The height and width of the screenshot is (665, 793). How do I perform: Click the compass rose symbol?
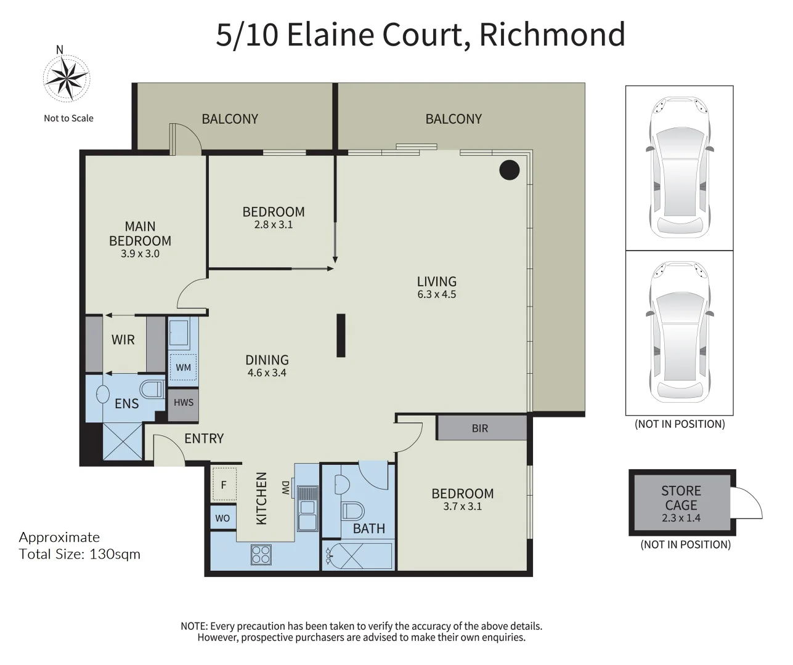point(66,78)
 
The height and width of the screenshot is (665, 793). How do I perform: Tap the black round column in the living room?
point(509,170)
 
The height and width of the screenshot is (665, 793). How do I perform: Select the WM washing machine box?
point(183,368)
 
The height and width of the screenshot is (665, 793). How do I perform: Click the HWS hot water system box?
point(184,403)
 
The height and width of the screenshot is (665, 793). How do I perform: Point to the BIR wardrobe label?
point(480,429)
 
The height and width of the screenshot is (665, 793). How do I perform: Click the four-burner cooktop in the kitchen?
point(261,554)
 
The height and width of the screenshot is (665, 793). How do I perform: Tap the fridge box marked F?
point(223,485)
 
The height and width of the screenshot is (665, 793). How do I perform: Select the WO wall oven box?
point(222,518)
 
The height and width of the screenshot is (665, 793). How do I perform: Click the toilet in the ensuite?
point(151,389)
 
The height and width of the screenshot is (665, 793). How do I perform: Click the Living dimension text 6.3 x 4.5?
point(436,294)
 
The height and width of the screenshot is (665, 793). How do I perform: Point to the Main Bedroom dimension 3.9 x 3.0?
point(140,254)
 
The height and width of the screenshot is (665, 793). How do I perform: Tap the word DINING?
point(267,360)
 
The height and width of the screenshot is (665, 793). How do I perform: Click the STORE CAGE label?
point(681,498)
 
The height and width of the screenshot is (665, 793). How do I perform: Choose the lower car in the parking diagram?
point(680,332)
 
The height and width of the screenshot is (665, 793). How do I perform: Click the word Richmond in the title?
point(552,34)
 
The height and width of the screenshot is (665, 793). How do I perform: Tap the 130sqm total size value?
point(115,554)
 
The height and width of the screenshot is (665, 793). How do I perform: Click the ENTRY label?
point(204,438)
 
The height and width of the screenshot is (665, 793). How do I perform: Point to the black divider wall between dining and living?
point(341,336)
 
